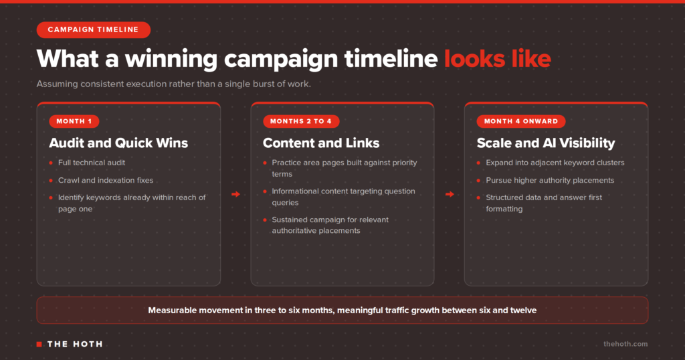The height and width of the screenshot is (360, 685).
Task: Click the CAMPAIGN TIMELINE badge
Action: [94, 29]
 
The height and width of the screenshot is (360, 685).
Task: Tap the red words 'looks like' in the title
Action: [498, 58]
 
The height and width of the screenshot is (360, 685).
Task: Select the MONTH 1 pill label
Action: [74, 121]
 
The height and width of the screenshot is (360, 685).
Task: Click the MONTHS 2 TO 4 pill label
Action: [301, 121]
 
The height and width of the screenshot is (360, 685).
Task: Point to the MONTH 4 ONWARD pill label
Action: [520, 121]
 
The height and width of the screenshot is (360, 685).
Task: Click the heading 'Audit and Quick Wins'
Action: [118, 143]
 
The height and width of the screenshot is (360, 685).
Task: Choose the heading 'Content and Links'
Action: [321, 143]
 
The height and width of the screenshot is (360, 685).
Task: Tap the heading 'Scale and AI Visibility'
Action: [546, 143]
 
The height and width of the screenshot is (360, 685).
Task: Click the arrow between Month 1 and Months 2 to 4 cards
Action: [235, 194]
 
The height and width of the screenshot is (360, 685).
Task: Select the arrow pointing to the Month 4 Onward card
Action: [450, 194]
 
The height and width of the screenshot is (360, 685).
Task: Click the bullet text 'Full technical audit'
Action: [91, 163]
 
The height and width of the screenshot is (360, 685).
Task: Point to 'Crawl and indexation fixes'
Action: [106, 180]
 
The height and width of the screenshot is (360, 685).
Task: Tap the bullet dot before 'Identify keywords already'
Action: [51, 197]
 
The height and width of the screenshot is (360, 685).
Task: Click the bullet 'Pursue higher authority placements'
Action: [550, 180]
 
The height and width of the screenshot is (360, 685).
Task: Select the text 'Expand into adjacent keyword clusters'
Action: [555, 163]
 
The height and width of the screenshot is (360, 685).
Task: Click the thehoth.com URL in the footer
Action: [625, 344]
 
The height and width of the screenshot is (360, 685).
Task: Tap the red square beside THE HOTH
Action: [39, 344]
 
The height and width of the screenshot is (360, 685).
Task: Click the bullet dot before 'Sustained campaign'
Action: [265, 219]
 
